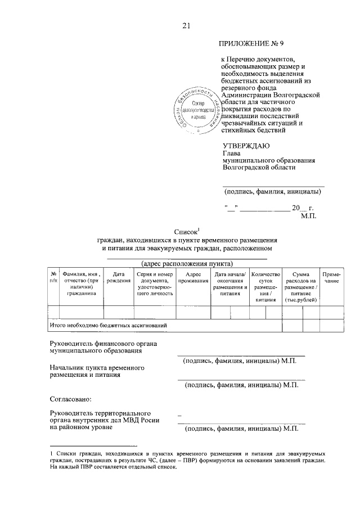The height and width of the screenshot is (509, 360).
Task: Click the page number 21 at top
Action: [186, 25]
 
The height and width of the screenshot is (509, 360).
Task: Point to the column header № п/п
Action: [53, 276]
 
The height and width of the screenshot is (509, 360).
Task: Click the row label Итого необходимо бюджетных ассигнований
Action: [109, 325]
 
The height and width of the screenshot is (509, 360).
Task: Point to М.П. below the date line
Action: [309, 215]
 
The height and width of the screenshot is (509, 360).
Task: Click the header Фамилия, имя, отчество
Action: [82, 283]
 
